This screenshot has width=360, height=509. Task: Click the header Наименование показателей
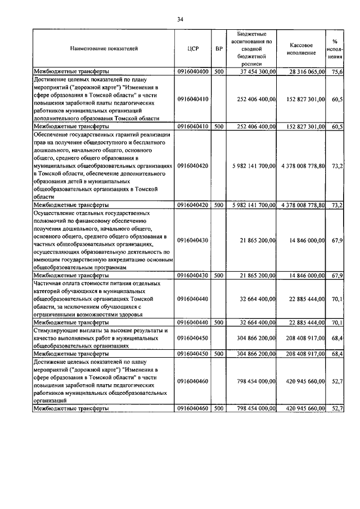[x=103, y=49]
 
